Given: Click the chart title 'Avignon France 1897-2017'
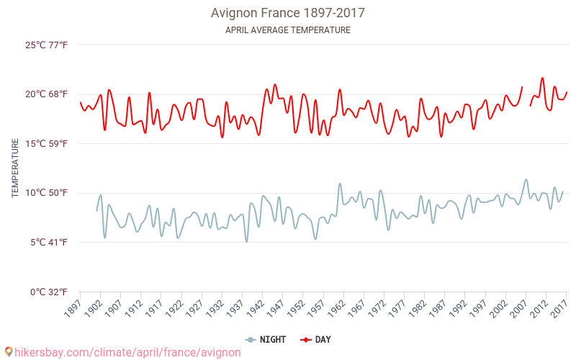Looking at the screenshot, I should click(287, 13).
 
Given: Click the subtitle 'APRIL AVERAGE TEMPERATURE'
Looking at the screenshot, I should click(287, 30).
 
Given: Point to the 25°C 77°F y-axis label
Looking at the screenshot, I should click(47, 45).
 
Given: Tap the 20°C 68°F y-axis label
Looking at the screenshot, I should click(47, 94).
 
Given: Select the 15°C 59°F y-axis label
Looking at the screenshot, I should click(47, 143).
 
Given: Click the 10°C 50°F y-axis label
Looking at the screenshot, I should click(47, 193).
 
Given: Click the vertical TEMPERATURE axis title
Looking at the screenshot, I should click(15, 168).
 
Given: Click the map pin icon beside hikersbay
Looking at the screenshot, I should click(8, 352).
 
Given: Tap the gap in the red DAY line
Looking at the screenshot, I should click(526, 96).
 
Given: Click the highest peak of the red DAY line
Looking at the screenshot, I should click(542, 78).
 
